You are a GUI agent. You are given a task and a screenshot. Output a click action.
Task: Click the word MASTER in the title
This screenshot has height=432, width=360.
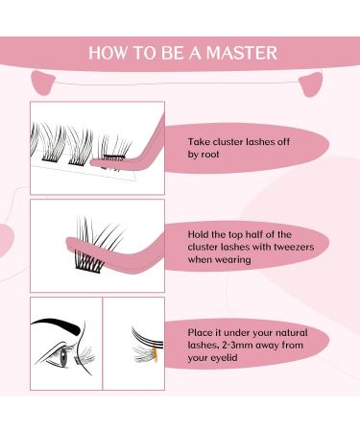[246, 52]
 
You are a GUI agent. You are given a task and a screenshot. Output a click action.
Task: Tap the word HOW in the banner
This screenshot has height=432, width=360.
[107, 52]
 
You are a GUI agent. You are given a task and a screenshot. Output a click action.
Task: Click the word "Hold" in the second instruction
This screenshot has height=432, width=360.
[201, 233]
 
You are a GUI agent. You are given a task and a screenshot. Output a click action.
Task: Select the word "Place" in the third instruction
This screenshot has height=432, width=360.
[202, 331]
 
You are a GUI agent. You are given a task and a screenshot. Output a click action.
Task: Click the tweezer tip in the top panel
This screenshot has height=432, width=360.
[95, 161]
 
